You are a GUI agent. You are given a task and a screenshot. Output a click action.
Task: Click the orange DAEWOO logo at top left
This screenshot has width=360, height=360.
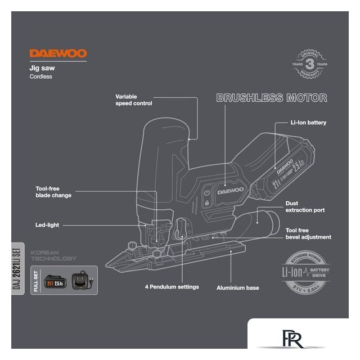click(58, 54)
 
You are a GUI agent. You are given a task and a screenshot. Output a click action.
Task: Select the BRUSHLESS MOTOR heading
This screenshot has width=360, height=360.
click(272, 98)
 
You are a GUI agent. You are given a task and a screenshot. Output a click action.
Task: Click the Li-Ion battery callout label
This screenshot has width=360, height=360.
click(308, 122)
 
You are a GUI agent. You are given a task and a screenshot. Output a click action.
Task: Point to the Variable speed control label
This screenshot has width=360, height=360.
click(134, 100)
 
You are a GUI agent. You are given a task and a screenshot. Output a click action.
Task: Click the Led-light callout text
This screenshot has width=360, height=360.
click(47, 225)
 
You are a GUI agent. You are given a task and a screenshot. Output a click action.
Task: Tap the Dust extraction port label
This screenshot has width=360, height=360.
click(305, 207)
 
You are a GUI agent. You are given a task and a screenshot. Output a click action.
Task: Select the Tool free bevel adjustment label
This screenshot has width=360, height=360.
click(308, 234)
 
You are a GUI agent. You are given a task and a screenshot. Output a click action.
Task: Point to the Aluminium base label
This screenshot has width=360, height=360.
click(238, 287)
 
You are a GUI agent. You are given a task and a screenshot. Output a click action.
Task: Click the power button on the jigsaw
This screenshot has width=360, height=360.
click(207, 191)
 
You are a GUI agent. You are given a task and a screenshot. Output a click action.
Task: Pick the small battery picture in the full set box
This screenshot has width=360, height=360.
click(55, 280)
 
